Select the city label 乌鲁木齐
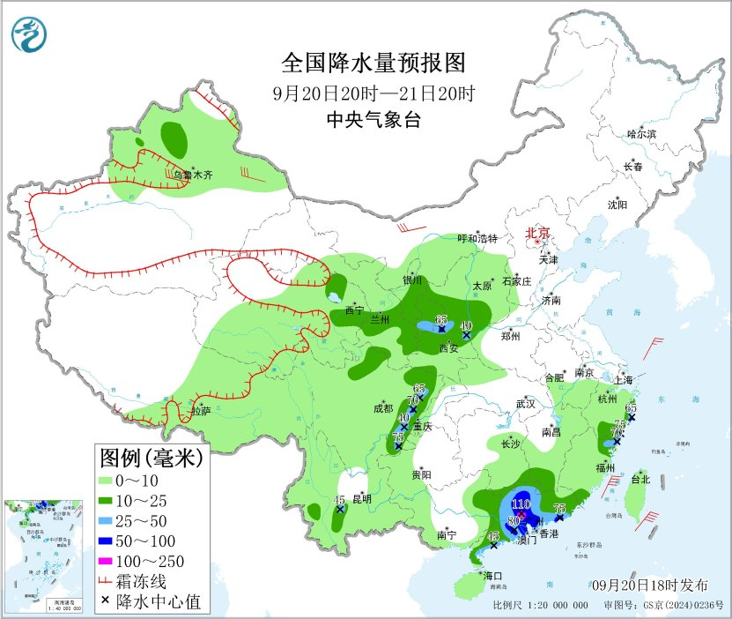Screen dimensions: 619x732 (x=192, y=175)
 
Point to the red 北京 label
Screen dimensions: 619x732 (x=537, y=233)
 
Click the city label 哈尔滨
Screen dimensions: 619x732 (x=641, y=134)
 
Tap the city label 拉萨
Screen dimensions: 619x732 (x=201, y=410)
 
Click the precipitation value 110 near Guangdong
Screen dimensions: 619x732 (x=521, y=504)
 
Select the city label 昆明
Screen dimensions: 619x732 (x=362, y=499)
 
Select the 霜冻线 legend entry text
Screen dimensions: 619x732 (x=149, y=581)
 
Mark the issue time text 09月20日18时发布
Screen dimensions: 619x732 (x=649, y=585)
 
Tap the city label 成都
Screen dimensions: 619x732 (x=384, y=408)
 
